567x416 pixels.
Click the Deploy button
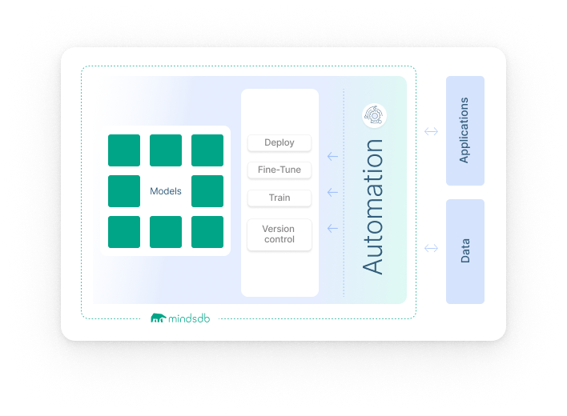(279, 142)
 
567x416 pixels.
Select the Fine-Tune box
(279, 170)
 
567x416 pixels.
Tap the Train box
(279, 198)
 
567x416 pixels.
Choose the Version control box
(279, 234)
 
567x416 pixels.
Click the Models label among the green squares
(166, 191)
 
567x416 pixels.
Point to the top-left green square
(124, 150)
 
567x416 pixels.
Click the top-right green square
(207, 150)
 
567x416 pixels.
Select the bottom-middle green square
(166, 232)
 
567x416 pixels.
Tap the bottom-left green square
(124, 232)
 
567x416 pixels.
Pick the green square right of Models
(207, 191)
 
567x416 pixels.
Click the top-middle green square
(166, 150)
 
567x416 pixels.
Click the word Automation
(373, 206)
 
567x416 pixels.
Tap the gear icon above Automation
(374, 115)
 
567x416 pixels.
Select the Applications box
(464, 130)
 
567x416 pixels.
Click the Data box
(464, 251)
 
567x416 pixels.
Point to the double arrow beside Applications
(431, 131)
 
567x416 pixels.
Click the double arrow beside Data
(431, 249)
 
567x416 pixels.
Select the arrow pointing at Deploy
(332, 157)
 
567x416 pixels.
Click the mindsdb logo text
(190, 318)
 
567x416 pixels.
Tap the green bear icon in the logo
(159, 319)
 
